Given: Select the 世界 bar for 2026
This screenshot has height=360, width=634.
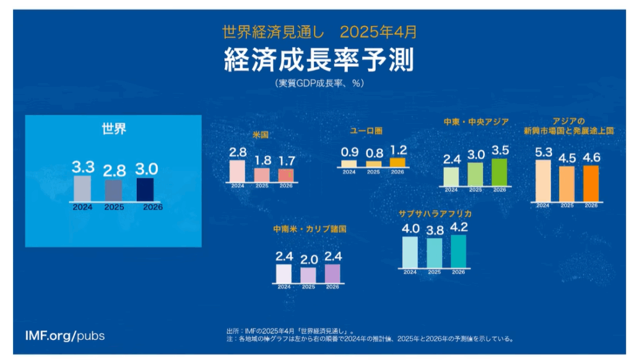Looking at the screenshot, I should click(145, 190).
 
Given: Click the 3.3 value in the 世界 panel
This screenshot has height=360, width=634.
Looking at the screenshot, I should click(83, 167).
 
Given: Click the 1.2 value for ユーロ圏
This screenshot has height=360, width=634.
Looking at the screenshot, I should click(397, 150).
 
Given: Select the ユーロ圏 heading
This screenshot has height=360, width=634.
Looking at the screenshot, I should click(367, 131).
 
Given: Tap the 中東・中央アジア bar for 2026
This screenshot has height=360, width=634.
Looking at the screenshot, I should click(499, 172).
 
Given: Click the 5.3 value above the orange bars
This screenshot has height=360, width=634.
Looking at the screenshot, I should click(542, 152).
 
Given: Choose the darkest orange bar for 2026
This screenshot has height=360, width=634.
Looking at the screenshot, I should click(591, 183).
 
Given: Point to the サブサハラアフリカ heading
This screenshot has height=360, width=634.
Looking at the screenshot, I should click(435, 214).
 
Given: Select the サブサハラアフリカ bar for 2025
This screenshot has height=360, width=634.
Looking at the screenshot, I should click(435, 252).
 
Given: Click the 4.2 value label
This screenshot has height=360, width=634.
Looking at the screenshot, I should click(459, 227).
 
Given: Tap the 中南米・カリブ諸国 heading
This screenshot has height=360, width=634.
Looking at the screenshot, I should click(309, 229).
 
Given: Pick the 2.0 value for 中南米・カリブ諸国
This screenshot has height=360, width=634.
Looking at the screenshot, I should click(308, 258).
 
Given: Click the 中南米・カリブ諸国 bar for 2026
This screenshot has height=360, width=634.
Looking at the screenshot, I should click(332, 273).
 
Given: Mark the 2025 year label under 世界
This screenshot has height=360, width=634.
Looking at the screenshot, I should click(115, 208).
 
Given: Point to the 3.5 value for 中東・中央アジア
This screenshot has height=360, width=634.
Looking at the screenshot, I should click(500, 151).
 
